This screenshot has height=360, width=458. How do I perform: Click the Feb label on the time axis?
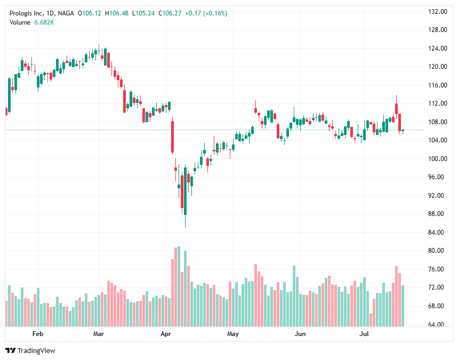point(37,334)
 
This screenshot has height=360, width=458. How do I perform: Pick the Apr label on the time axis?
point(165,334)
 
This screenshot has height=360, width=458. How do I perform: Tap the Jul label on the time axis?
point(365,334)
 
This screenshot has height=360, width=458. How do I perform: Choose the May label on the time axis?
point(232,334)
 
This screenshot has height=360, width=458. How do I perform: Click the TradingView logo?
point(30,350)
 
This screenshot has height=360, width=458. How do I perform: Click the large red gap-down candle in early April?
point(172,137)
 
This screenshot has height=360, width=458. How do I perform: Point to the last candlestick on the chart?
point(403,130)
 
